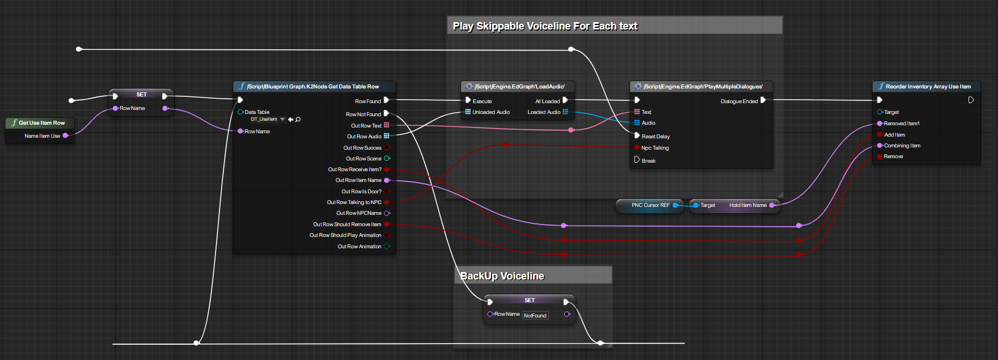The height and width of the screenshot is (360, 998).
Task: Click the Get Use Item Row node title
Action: pyautogui.click(x=41, y=122)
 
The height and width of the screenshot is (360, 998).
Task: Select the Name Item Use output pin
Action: pyautogui.click(x=66, y=135)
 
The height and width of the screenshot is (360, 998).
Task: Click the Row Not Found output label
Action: pyautogui.click(x=363, y=115)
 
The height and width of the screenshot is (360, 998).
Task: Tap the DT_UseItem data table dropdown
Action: pyautogui.click(x=282, y=119)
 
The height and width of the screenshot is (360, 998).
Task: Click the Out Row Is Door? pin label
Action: pyautogui.click(x=361, y=192)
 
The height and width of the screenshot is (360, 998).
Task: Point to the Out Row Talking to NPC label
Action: pyautogui.click(x=354, y=202)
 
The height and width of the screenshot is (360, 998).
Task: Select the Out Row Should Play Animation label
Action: pyautogui.click(x=345, y=235)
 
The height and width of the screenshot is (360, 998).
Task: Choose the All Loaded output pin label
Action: pyautogui.click(x=547, y=101)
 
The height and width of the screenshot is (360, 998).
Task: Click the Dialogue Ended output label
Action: pyautogui.click(x=739, y=101)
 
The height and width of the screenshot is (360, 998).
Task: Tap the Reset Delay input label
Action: pyautogui.click(x=656, y=137)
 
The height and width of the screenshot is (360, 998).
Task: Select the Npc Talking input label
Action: pyautogui.click(x=655, y=148)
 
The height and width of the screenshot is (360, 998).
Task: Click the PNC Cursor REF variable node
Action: pyautogui.click(x=650, y=205)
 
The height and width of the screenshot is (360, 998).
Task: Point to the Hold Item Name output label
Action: pyautogui.click(x=747, y=205)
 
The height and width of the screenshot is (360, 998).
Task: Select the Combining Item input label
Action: pyautogui.click(x=902, y=146)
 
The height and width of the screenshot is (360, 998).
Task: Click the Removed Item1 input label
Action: pyautogui.click(x=901, y=124)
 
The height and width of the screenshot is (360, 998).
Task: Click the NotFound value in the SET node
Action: pyautogui.click(x=535, y=316)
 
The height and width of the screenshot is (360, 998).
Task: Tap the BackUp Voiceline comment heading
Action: pyautogui.click(x=502, y=276)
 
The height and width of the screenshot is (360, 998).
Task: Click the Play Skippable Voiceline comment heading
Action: pyautogui.click(x=545, y=26)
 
